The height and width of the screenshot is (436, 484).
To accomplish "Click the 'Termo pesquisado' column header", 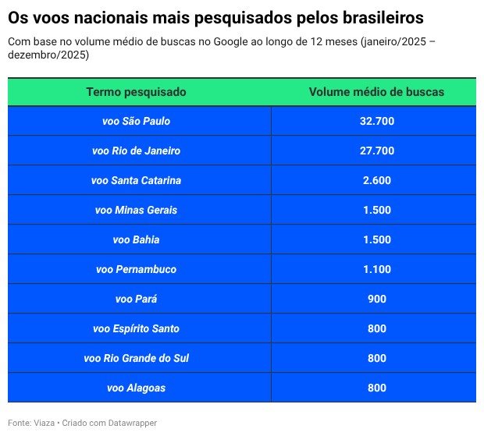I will coord(136,92).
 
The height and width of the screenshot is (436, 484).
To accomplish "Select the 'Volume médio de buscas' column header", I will coord(376,92).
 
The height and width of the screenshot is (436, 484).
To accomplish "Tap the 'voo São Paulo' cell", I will coord(136,121).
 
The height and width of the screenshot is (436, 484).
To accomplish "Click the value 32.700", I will coord(376,121).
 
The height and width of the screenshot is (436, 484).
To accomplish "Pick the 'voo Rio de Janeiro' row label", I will coord(136,151).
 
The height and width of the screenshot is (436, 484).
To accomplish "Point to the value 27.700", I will coord(376,151).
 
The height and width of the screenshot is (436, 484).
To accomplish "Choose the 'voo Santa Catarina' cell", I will coord(136,180).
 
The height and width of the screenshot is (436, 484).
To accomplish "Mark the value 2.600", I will coord(376,180).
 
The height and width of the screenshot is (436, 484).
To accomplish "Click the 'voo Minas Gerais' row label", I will coord(136,210).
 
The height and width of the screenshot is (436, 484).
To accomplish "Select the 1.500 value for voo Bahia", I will coord(376,239).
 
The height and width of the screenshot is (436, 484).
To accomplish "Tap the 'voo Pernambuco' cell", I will coord(136,269).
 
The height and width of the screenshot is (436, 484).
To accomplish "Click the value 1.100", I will coord(376,269).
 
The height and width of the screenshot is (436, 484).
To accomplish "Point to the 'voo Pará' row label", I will coord(136,299).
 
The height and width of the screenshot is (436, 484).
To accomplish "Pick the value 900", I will coord(376,299).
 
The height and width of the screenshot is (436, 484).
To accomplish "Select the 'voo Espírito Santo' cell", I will coord(136,328).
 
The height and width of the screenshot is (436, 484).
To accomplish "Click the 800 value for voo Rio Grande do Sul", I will coord(376,358).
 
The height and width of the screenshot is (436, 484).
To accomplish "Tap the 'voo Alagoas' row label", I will coord(136,388).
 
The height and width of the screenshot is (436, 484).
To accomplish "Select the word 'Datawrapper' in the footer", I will coord(130,423).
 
